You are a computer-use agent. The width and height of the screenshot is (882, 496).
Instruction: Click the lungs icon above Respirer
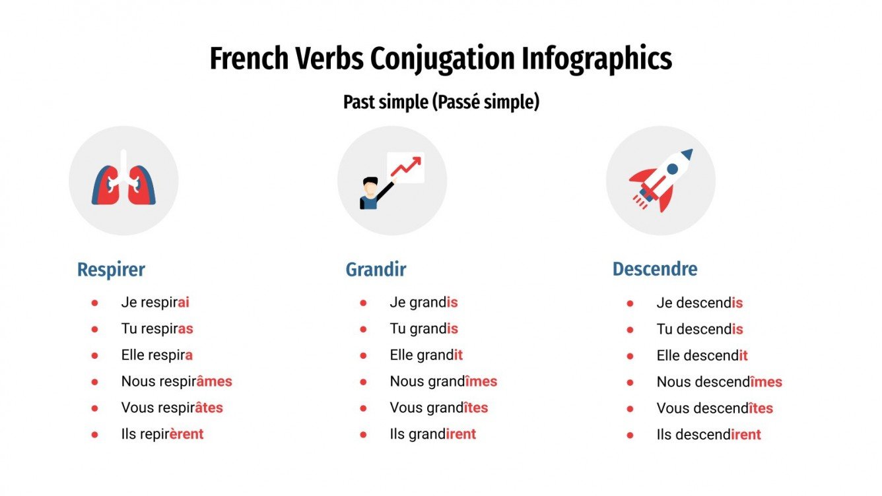pyautogui.click(x=123, y=181)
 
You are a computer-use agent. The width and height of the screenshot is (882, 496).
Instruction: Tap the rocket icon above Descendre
pyautogui.click(x=661, y=179)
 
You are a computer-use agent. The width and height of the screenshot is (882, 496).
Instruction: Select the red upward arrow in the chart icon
pyautogui.click(x=406, y=166)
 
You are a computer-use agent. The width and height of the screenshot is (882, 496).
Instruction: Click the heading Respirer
pyautogui.click(x=111, y=270)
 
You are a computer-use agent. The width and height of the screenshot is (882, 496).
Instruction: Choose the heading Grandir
pyautogui.click(x=376, y=270)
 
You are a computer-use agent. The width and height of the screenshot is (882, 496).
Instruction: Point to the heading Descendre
pyautogui.click(x=654, y=269)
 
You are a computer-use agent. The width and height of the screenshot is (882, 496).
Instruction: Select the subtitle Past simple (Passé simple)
pyautogui.click(x=441, y=102)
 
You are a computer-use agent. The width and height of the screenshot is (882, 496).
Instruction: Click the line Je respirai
pyautogui.click(x=155, y=303)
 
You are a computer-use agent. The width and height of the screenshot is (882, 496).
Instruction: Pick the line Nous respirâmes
pyautogui.click(x=176, y=381)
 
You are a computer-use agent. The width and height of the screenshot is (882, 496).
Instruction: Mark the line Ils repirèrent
pyautogui.click(x=162, y=434)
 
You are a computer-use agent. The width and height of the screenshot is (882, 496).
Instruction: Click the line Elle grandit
pyautogui.click(x=426, y=355)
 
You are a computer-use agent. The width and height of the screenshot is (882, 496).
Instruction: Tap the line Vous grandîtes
pyautogui.click(x=438, y=408)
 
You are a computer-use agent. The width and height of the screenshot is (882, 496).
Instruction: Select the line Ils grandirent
pyautogui.click(x=432, y=434)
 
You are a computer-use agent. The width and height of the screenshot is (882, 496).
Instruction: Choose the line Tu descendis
pyautogui.click(x=699, y=329)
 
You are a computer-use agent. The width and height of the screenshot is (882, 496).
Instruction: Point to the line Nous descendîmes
pyautogui.click(x=719, y=382)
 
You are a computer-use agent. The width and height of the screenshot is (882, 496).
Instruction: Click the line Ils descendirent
pyautogui.click(x=708, y=435)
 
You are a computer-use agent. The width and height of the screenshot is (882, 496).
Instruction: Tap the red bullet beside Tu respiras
pyautogui.click(x=94, y=329)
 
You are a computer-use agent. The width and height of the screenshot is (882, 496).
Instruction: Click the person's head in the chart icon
pyautogui.click(x=370, y=184)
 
